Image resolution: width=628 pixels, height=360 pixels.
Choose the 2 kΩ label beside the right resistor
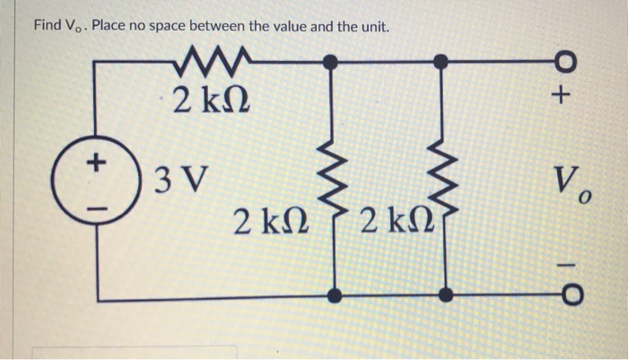click(391, 219)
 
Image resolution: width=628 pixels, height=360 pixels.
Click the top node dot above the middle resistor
click(332, 61)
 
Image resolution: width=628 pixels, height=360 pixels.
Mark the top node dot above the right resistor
click(440, 61)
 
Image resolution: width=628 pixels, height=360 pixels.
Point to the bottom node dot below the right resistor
click(443, 294)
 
